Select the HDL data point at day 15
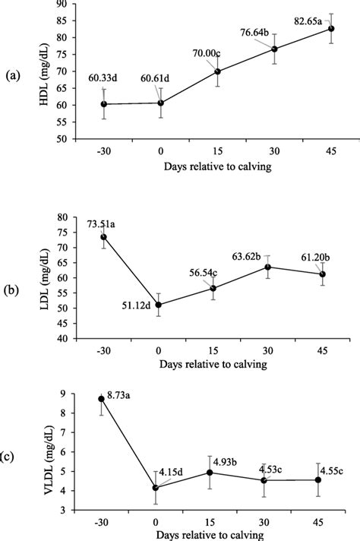(x=216, y=71)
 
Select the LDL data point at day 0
(x=158, y=305)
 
